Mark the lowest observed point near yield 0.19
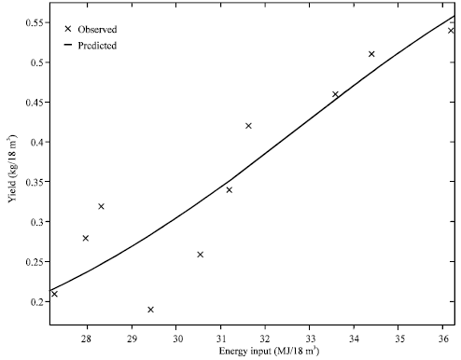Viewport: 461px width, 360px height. click(150, 309)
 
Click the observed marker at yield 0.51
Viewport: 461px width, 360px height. click(371, 54)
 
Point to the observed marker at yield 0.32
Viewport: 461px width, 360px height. click(101, 206)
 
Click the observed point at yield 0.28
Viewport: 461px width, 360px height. click(86, 238)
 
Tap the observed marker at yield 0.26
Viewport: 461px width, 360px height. click(200, 254)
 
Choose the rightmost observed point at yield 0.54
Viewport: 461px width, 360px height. click(451, 30)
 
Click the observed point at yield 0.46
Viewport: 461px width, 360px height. click(335, 94)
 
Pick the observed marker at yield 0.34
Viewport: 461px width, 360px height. click(229, 189)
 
